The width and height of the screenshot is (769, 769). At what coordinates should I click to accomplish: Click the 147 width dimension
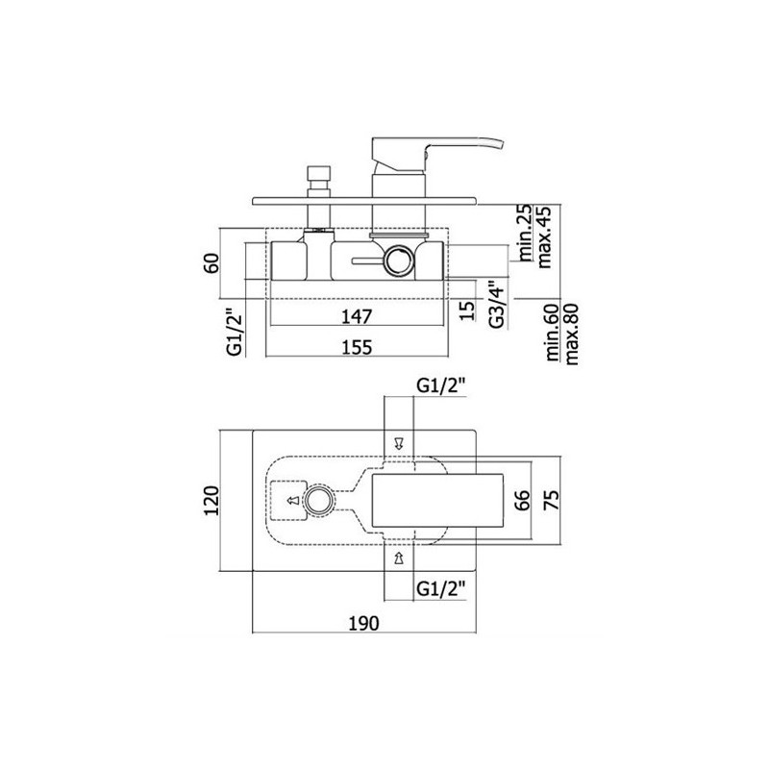pos(357,316)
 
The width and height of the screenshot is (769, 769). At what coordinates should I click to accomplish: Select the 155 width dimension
pos(357,347)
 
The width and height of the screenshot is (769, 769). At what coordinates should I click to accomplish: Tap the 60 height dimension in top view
pos(212,263)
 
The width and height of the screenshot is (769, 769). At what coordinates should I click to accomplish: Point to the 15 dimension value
pos(468,310)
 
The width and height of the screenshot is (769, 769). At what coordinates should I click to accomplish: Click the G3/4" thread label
pos(497,304)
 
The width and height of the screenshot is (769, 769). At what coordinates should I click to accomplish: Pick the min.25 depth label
pos(525,234)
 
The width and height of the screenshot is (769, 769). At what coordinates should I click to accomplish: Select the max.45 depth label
pos(544,236)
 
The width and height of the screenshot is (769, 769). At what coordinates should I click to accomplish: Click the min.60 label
pos(553,333)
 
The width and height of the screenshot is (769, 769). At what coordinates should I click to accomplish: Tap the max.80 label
pos(572,335)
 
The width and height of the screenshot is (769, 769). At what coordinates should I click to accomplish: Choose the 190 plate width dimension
pos(364,623)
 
